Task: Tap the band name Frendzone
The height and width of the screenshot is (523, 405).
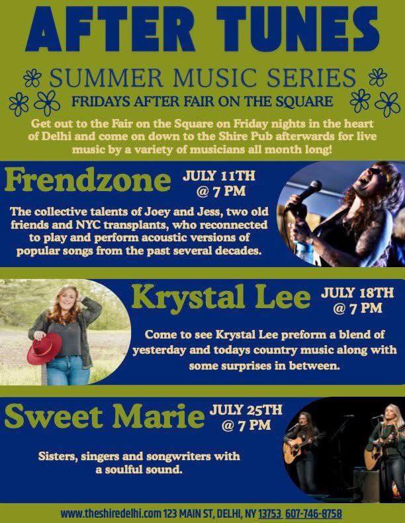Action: point(88,181)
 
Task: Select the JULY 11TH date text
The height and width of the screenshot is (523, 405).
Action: point(218,176)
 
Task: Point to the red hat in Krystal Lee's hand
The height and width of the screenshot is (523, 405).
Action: point(44,348)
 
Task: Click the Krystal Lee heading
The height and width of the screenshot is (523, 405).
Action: point(221,298)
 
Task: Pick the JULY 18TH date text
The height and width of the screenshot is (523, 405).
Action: point(357,293)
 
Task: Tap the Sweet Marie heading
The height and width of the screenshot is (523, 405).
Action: point(105,417)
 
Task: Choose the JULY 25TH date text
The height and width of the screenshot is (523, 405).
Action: point(246,410)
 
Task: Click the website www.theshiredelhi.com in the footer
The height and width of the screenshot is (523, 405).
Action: point(111,513)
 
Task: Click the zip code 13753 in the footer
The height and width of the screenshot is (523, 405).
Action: point(271,513)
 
